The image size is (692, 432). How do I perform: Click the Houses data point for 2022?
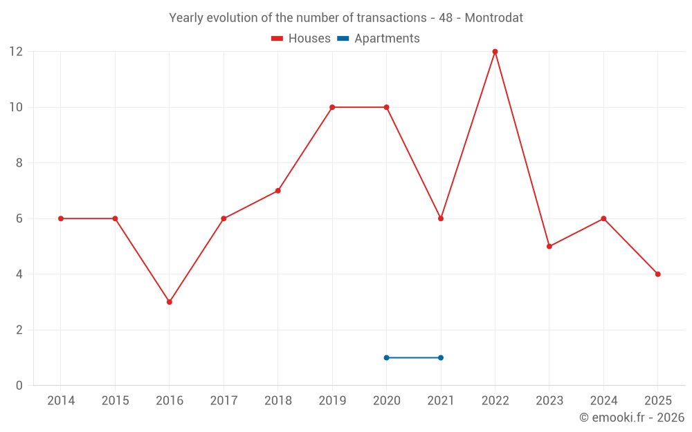tap(495, 52)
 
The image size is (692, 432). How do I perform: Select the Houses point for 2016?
tap(170, 302)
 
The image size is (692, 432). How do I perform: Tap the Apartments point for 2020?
tap(386, 357)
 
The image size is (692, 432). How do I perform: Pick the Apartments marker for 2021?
tap(441, 357)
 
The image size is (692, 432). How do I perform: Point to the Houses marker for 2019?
tap(332, 107)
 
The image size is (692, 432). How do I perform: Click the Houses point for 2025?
tap(657, 274)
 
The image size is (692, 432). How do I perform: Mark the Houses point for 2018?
tap(277, 191)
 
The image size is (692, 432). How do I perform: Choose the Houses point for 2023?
tap(549, 246)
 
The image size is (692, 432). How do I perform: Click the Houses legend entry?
tap(301, 39)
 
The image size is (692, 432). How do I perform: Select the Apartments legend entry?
tap(379, 39)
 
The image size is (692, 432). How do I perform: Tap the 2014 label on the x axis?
tap(61, 400)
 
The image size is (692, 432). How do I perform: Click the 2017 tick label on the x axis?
tap(224, 400)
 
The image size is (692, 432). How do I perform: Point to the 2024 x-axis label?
tap(603, 400)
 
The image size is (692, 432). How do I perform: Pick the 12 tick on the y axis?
tap(16, 52)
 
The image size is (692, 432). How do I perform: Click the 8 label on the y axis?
tap(19, 163)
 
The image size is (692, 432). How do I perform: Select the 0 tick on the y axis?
tap(19, 385)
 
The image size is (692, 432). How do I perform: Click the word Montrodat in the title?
tap(493, 17)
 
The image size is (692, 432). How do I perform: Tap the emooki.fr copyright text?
tap(632, 417)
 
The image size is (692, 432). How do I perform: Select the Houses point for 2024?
tap(603, 218)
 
